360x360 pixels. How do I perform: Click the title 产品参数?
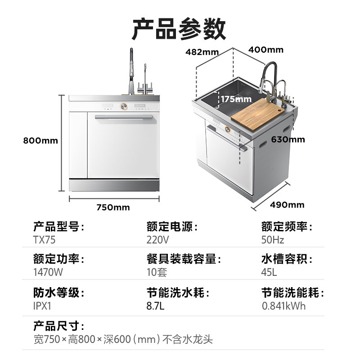pyautogui.click(x=179, y=29)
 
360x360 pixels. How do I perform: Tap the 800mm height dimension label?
pyautogui.click(x=40, y=140)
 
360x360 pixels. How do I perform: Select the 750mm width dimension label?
pyautogui.click(x=113, y=207)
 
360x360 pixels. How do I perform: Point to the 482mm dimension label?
pyautogui.click(x=202, y=52)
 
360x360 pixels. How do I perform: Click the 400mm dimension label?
pyautogui.click(x=266, y=49)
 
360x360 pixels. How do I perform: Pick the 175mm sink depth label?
pyautogui.click(x=236, y=99)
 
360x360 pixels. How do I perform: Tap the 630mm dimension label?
pyautogui.click(x=288, y=139)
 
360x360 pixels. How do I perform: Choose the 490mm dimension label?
pyautogui.click(x=287, y=205)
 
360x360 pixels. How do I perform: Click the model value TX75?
pyautogui.click(x=44, y=240)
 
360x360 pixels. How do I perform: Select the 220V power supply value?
pyautogui.click(x=157, y=240)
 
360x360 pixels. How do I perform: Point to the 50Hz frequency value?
pyautogui.click(x=273, y=240)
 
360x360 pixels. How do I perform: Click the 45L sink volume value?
pyautogui.click(x=269, y=273)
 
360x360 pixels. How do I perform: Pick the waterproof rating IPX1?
pyautogui.click(x=43, y=306)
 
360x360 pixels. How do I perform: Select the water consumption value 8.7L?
pyautogui.click(x=155, y=306)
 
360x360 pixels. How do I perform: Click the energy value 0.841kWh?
pyautogui.click(x=283, y=306)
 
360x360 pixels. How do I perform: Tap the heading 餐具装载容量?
pyautogui.click(x=184, y=260)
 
